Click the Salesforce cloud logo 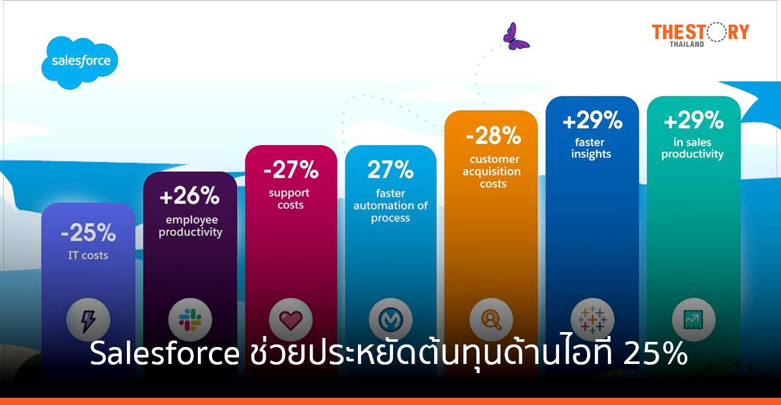tap(80, 63)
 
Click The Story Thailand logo tap(700, 34)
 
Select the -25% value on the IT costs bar tap(89, 232)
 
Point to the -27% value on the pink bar tap(291, 171)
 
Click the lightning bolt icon tap(89, 320)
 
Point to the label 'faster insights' tap(592, 148)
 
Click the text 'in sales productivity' tap(692, 148)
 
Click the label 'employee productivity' tap(190, 226)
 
